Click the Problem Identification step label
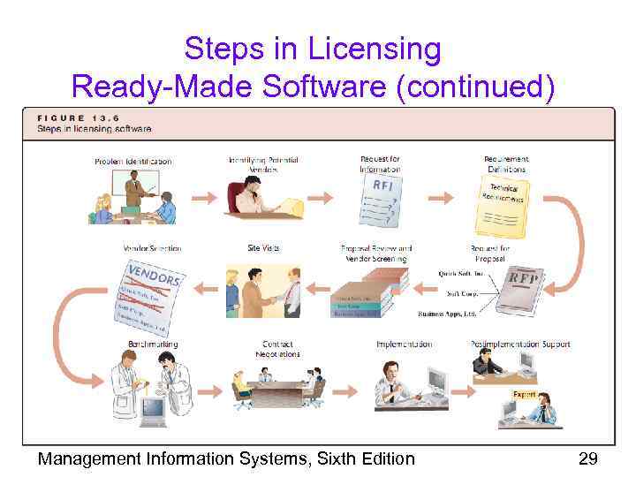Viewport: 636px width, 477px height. (132, 161)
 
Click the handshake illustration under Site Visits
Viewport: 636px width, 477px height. (264, 291)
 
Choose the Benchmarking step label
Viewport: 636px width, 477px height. (152, 344)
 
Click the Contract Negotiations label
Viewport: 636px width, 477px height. (281, 349)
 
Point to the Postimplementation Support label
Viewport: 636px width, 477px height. (520, 344)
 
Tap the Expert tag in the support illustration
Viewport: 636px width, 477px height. (524, 395)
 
